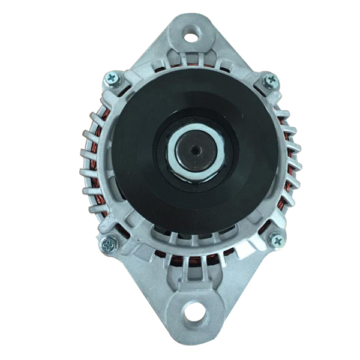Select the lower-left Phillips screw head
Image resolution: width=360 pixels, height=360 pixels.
tap(109, 244)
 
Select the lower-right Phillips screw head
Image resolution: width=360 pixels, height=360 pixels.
tap(277, 240)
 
